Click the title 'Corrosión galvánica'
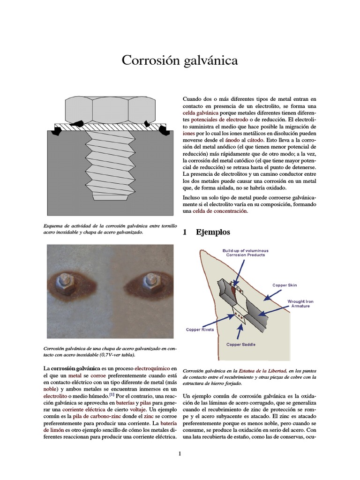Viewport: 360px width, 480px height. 180,60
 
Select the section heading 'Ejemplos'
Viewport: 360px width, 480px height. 213,232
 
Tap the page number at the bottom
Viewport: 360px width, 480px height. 179,453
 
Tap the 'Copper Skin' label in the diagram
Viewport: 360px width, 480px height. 284,285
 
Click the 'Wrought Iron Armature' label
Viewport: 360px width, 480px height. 300,303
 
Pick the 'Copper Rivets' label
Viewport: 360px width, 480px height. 200,330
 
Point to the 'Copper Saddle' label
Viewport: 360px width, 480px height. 241,345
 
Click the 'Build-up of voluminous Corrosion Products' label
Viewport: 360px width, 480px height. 244,253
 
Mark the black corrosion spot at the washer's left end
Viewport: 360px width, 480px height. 56,132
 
